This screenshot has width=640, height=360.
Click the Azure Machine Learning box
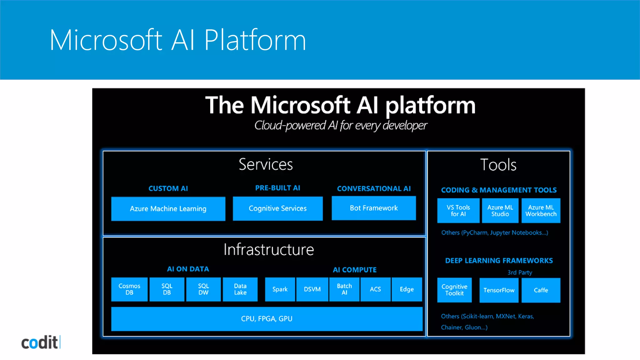168,209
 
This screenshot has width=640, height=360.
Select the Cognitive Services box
277,208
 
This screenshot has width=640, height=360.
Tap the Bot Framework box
374,208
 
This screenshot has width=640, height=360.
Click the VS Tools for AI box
458,211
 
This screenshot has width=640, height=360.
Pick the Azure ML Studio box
500,211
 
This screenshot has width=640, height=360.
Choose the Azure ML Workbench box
541,211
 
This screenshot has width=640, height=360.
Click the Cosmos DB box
129,289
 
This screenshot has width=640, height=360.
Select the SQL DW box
203,289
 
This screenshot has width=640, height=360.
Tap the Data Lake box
240,289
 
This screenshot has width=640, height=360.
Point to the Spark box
280,289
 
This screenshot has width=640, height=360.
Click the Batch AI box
344,289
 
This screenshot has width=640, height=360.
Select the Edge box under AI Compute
407,289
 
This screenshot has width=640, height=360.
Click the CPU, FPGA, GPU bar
267,319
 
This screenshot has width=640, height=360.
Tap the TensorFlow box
499,290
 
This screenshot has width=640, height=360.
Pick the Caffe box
541,290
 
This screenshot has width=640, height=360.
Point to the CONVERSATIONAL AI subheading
374,189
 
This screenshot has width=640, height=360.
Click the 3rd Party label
520,272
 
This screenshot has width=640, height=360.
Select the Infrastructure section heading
268,250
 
